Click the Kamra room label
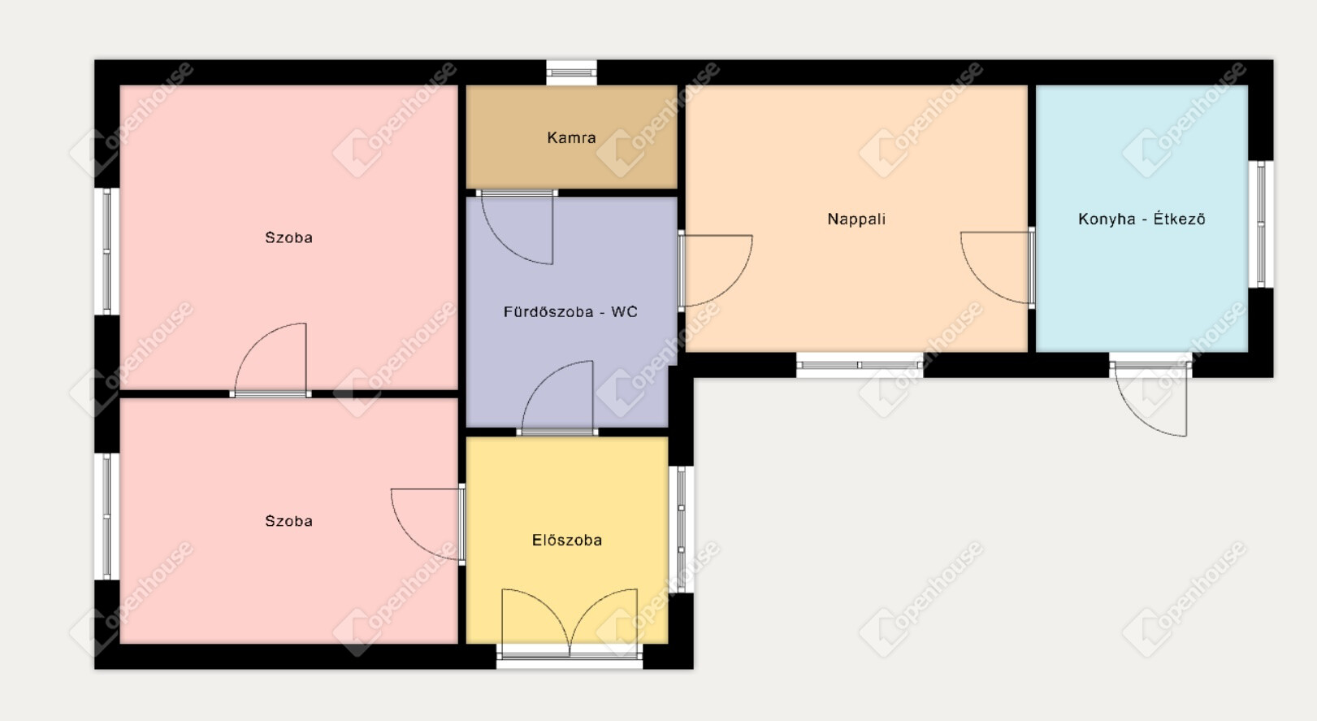coord(571,137)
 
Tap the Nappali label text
coord(856,219)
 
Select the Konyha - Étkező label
coord(1142,219)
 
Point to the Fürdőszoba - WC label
coord(570,311)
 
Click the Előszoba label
coord(567,540)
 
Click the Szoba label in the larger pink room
coord(288,237)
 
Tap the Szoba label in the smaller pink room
coord(288,521)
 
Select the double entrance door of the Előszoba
coord(570,623)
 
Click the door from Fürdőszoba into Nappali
coord(715,271)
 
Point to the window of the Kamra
coord(571,73)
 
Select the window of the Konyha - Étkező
coord(1261,224)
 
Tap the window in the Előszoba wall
coord(681,529)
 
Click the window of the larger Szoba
coord(106,251)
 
